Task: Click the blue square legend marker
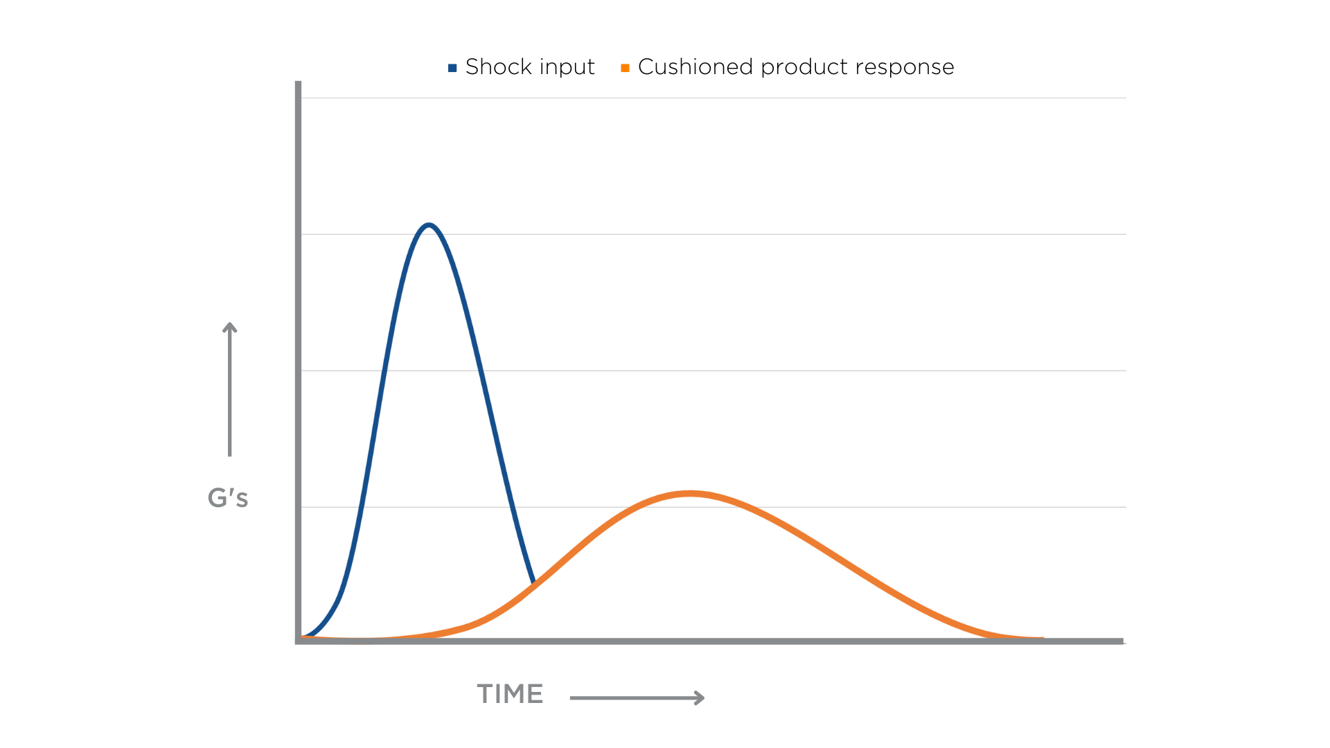pos(452,68)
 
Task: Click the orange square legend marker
pos(625,68)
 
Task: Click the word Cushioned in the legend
pos(695,66)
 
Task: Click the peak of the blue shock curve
pos(429,225)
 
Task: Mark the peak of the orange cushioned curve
pos(690,494)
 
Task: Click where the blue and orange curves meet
pos(533,584)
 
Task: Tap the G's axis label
pos(228,498)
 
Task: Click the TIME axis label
pos(510,694)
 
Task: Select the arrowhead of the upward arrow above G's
pos(230,326)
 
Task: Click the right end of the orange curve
pos(1042,638)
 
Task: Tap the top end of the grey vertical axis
pos(299,83)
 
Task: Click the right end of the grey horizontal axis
pos(1121,641)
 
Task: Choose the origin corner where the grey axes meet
pos(299,641)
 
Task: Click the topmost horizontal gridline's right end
pos(1125,98)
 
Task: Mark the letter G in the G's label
pos(218,498)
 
